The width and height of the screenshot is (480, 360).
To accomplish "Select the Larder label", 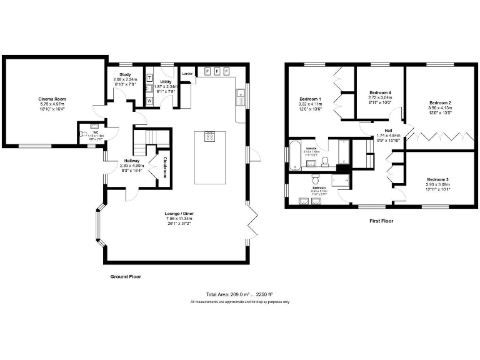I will tap(186, 74).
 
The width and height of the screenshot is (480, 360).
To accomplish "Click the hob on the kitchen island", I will tap(209, 136).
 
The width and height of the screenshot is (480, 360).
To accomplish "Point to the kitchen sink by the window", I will tap(240, 96).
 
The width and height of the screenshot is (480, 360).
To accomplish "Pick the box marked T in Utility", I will tap(149, 77).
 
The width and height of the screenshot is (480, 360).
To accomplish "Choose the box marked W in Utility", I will tap(149, 100).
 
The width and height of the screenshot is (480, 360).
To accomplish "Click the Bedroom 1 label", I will tap(311, 99).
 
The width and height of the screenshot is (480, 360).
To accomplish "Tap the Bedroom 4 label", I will tap(380, 92).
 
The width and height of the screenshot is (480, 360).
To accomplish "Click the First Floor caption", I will tap(381, 221).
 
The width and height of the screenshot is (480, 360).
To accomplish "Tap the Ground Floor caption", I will tap(126, 276).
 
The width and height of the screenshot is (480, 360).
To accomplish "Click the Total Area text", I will tap(239, 294).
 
